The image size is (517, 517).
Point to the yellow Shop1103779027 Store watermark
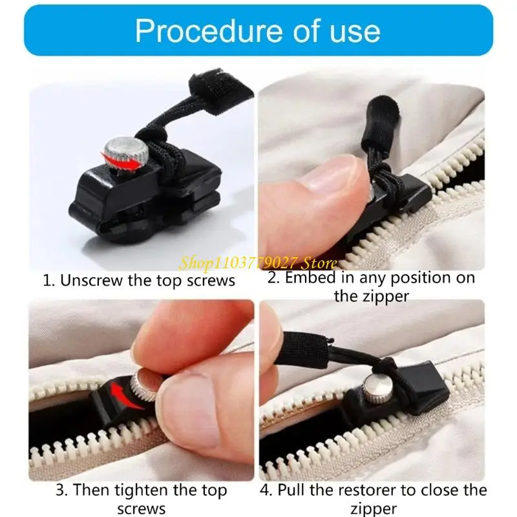(258, 263)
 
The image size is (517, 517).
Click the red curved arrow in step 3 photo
(127, 396)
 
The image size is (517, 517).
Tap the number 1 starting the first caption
(47, 281)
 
